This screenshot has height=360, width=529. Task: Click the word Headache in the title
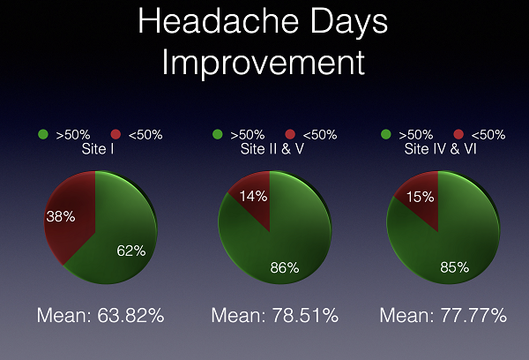[219, 21]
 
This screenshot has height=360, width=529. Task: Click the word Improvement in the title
[264, 63]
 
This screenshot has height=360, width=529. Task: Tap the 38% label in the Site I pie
[61, 216]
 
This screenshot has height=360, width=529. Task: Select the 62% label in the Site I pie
[131, 251]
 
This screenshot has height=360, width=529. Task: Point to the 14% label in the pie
[253, 196]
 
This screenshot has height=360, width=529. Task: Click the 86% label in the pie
[285, 267]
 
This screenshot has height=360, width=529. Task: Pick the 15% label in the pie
[420, 197]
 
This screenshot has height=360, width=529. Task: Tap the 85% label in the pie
[454, 267]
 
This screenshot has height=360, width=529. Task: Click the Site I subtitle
[98, 149]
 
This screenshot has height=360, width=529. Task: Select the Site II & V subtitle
[272, 149]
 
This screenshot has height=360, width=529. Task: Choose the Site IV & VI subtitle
[440, 149]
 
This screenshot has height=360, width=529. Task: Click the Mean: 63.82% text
[101, 315]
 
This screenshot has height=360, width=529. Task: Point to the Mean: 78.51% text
[274, 315]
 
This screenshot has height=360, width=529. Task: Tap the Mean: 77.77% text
[443, 315]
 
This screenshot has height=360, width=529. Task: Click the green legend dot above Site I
[43, 134]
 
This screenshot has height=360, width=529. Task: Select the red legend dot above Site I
[115, 134]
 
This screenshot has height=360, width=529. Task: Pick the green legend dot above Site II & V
[218, 134]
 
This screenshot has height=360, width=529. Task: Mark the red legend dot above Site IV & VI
[458, 134]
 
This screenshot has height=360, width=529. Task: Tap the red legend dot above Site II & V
[290, 134]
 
